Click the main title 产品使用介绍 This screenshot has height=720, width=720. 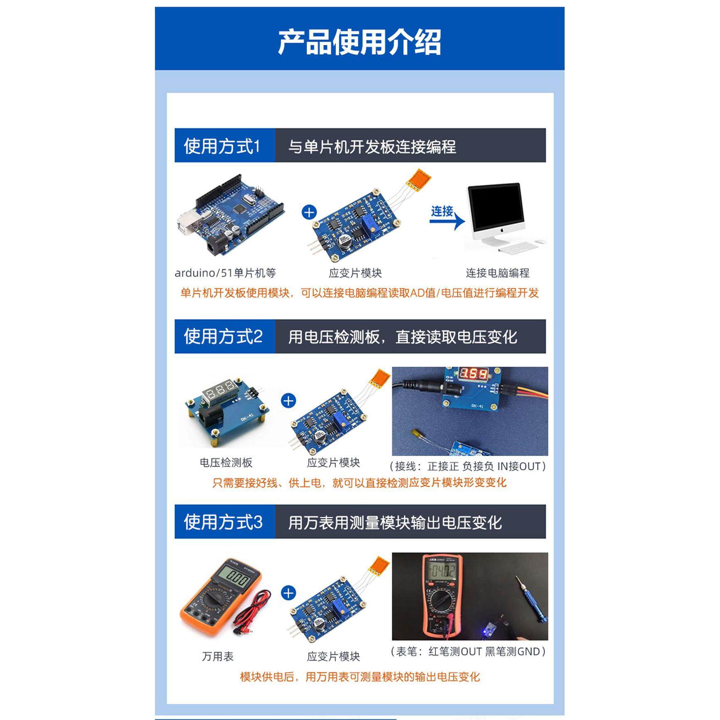coord(359,42)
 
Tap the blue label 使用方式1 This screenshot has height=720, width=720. coord(222,146)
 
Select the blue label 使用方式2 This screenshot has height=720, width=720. coord(223,337)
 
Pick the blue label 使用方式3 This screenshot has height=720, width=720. coord(223,522)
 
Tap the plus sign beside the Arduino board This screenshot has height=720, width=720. coord(309,212)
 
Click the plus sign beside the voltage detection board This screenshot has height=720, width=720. coord(288,401)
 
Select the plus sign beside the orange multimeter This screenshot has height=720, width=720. coord(288,593)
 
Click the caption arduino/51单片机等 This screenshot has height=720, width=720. coord(225,273)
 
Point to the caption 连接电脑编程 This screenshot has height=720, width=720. coord(497,273)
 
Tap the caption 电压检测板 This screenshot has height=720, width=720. coord(226,462)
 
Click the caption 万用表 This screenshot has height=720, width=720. coord(218,656)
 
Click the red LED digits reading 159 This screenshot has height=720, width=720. coord(474,374)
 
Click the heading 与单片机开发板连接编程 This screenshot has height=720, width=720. coord(372,146)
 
